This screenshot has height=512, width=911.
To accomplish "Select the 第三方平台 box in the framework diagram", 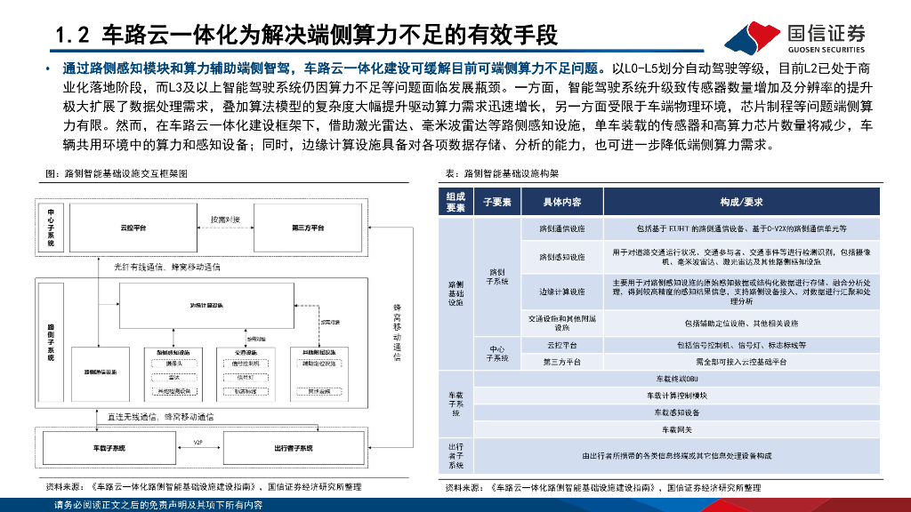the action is coord(308,228).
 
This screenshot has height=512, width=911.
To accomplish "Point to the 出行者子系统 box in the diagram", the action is coord(293,448).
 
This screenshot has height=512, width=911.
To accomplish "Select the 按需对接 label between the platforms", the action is coord(224,218).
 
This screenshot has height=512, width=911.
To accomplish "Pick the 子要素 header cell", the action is coord(497,203).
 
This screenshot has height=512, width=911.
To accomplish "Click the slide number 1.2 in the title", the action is coord(73,36).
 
